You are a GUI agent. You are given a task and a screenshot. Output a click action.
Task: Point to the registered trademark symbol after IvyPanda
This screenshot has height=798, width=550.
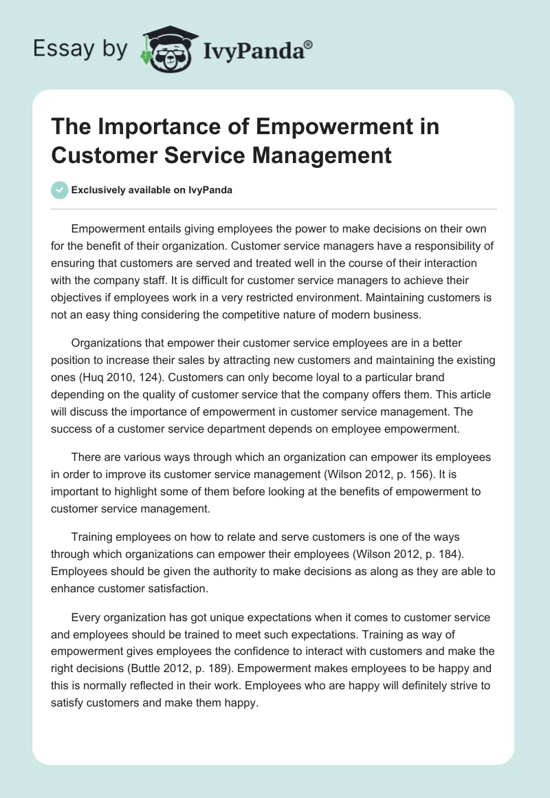tap(309, 43)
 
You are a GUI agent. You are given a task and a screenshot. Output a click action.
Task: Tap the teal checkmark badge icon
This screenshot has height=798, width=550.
tap(60, 190)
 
